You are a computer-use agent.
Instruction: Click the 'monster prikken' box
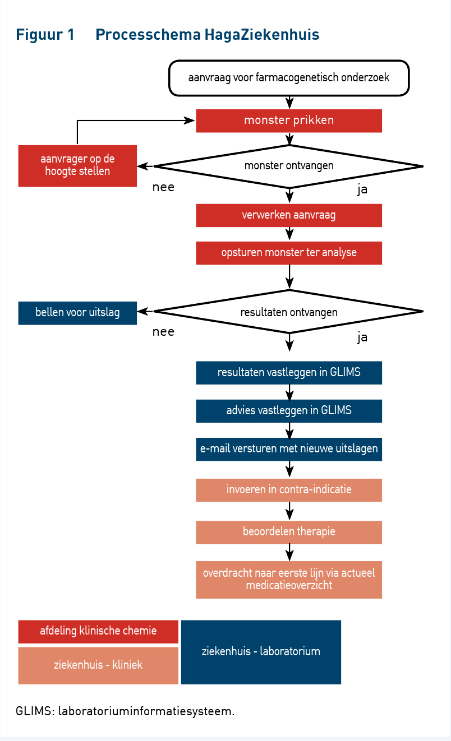(x=289, y=121)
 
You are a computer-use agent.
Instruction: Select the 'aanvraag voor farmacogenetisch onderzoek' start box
(x=289, y=78)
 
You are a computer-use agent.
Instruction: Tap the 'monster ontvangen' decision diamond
(x=289, y=166)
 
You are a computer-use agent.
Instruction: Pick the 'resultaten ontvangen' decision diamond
(x=289, y=311)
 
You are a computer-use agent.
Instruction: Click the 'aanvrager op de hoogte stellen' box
(x=77, y=166)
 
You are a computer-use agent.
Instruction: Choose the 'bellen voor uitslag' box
(x=77, y=313)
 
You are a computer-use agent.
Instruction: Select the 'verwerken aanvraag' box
(x=289, y=215)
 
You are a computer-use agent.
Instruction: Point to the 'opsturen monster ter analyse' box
(x=289, y=253)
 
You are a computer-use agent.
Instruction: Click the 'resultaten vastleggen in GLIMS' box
(x=289, y=373)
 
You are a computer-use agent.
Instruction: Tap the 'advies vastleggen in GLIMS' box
(x=289, y=411)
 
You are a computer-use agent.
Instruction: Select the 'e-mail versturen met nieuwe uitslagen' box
(x=289, y=449)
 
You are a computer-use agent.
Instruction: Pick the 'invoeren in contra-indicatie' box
(x=289, y=490)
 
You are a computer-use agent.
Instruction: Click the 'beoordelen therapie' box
(x=289, y=532)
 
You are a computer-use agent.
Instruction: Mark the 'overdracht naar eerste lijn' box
(x=289, y=580)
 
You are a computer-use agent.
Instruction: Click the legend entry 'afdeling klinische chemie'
(x=98, y=632)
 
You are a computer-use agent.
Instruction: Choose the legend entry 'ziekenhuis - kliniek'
(x=98, y=665)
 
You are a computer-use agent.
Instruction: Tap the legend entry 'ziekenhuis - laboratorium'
(x=261, y=652)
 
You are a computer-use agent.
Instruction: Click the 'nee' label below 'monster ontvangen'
(x=163, y=187)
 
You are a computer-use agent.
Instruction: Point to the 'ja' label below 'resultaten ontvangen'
(x=362, y=337)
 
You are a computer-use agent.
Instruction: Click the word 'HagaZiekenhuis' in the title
(x=261, y=35)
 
